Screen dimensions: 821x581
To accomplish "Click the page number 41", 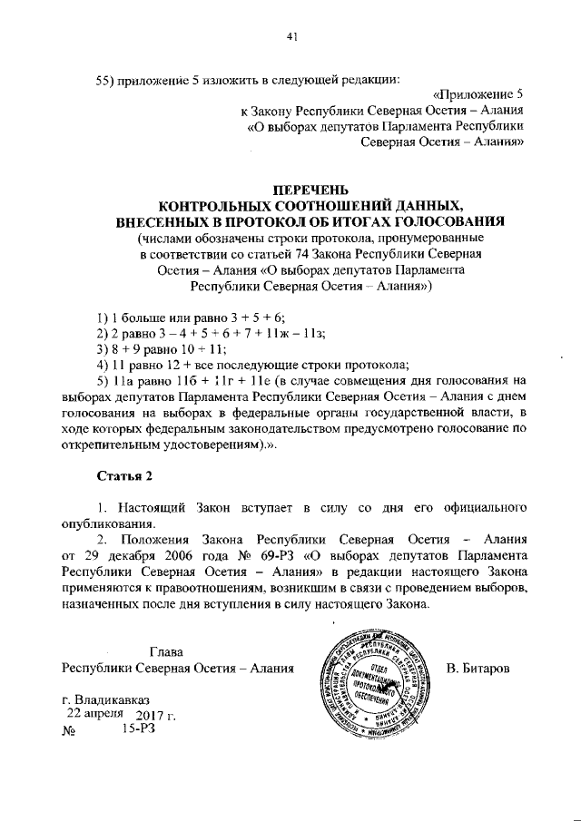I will pos(291,36).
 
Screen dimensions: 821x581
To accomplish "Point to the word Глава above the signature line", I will pos(166,651).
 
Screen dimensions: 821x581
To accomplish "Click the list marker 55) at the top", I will pos(106,79).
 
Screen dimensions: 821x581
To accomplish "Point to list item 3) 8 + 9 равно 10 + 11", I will pos(162,349).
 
